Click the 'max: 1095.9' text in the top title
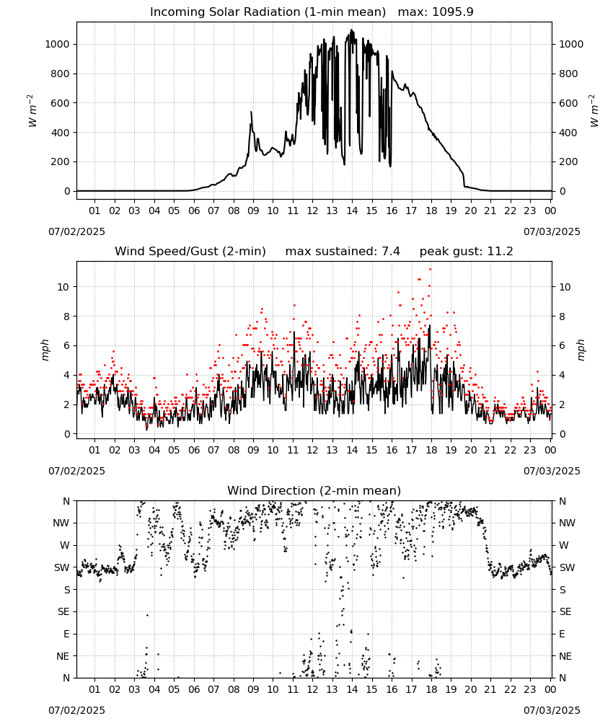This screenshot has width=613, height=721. pos(436,12)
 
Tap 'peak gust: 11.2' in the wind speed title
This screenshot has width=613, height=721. pos(466,251)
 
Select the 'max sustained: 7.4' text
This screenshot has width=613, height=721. pos(343,251)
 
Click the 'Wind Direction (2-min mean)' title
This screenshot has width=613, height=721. pos(314,490)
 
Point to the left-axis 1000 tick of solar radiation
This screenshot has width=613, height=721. pos(57,44)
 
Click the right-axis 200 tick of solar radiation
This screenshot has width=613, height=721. pos(568,162)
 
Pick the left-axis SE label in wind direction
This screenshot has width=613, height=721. pos(63,611)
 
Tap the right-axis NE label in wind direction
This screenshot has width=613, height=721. pos(565,656)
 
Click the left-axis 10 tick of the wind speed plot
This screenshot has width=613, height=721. pos(63,287)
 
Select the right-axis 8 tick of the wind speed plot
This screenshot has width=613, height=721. pos(562,317)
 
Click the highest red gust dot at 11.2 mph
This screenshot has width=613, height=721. pos(431,270)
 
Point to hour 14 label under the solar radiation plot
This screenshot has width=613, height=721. pos(352,211)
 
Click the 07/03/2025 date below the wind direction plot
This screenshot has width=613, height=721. pos(552,710)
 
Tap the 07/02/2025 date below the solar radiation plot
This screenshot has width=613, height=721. pos(76,231)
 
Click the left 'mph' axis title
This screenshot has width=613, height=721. pos(45,350)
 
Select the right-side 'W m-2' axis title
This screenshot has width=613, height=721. pos(594,111)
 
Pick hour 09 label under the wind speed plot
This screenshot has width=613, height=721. pos(253,450)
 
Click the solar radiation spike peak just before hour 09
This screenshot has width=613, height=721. pos(251,112)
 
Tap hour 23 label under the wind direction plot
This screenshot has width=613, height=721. pos(530,689)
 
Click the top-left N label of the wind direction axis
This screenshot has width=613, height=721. pos(66,501)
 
